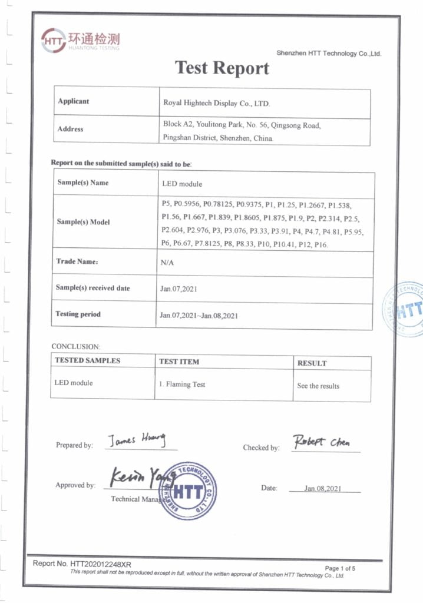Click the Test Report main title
point(222,68)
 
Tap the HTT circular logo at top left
point(54,40)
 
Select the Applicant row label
point(74,101)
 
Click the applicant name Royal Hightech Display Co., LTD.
point(216,104)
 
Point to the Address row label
point(71,129)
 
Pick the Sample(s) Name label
point(83,183)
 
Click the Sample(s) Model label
point(83,222)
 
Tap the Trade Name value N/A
point(167,263)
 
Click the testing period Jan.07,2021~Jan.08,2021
point(199,316)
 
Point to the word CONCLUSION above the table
point(76,346)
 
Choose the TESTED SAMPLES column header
point(87,360)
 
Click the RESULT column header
point(312,363)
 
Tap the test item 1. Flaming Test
point(182,385)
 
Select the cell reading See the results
point(318,386)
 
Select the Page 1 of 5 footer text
point(340,568)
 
